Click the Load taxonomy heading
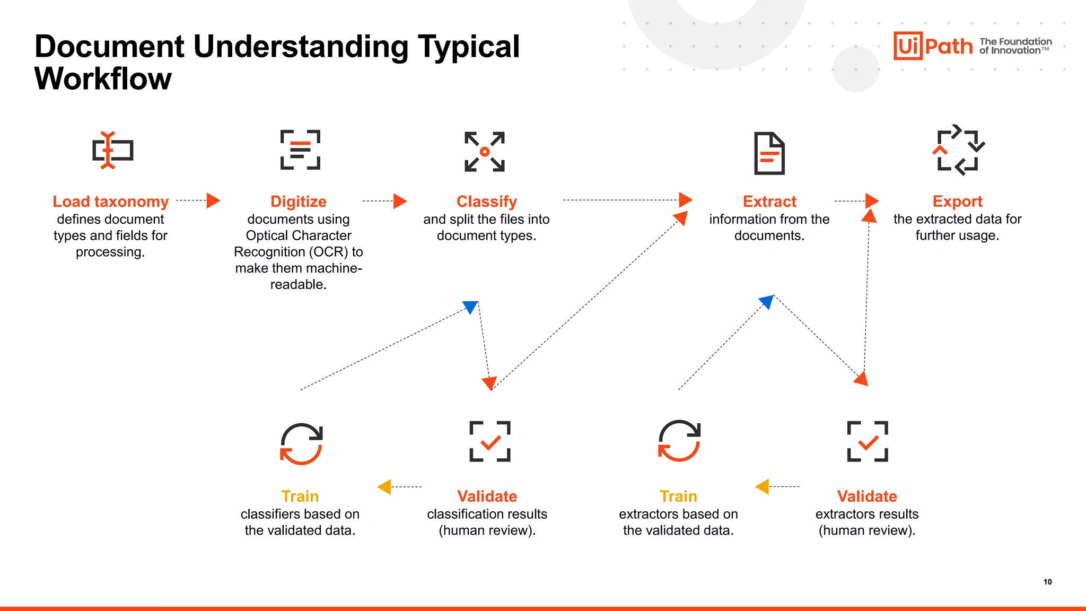point(110,202)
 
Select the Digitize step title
point(299,202)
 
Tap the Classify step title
point(486,202)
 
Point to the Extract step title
point(769,202)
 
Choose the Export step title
point(957,202)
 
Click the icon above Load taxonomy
point(112,151)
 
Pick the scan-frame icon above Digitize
point(300,150)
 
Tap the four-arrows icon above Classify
point(485,152)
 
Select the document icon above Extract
point(769,153)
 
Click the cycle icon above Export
point(958,150)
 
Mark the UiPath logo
point(933,46)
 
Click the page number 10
point(1047,582)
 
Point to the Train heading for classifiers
point(300,496)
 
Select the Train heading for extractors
point(678,496)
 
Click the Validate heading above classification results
point(487,496)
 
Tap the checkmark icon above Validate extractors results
point(868,441)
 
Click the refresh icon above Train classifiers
point(301,443)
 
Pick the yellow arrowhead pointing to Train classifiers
point(385,486)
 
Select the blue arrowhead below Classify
point(470,307)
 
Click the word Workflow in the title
point(103,79)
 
